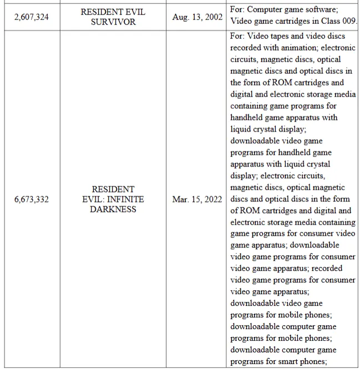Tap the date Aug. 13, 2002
point(196,17)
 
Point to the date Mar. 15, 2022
point(196,199)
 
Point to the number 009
point(348,22)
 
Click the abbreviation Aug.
point(181,17)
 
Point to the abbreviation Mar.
point(181,199)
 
